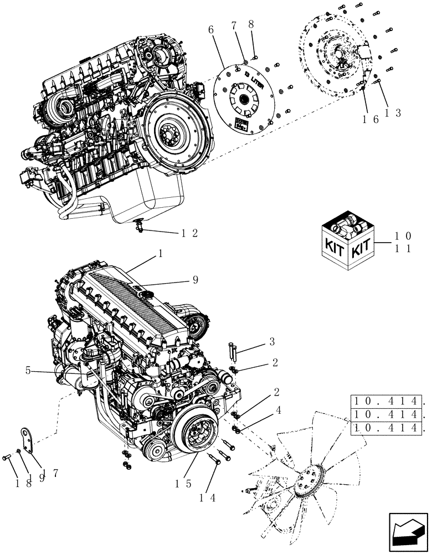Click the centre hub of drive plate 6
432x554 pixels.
[x=242, y=99]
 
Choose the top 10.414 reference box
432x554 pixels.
[x=387, y=401]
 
